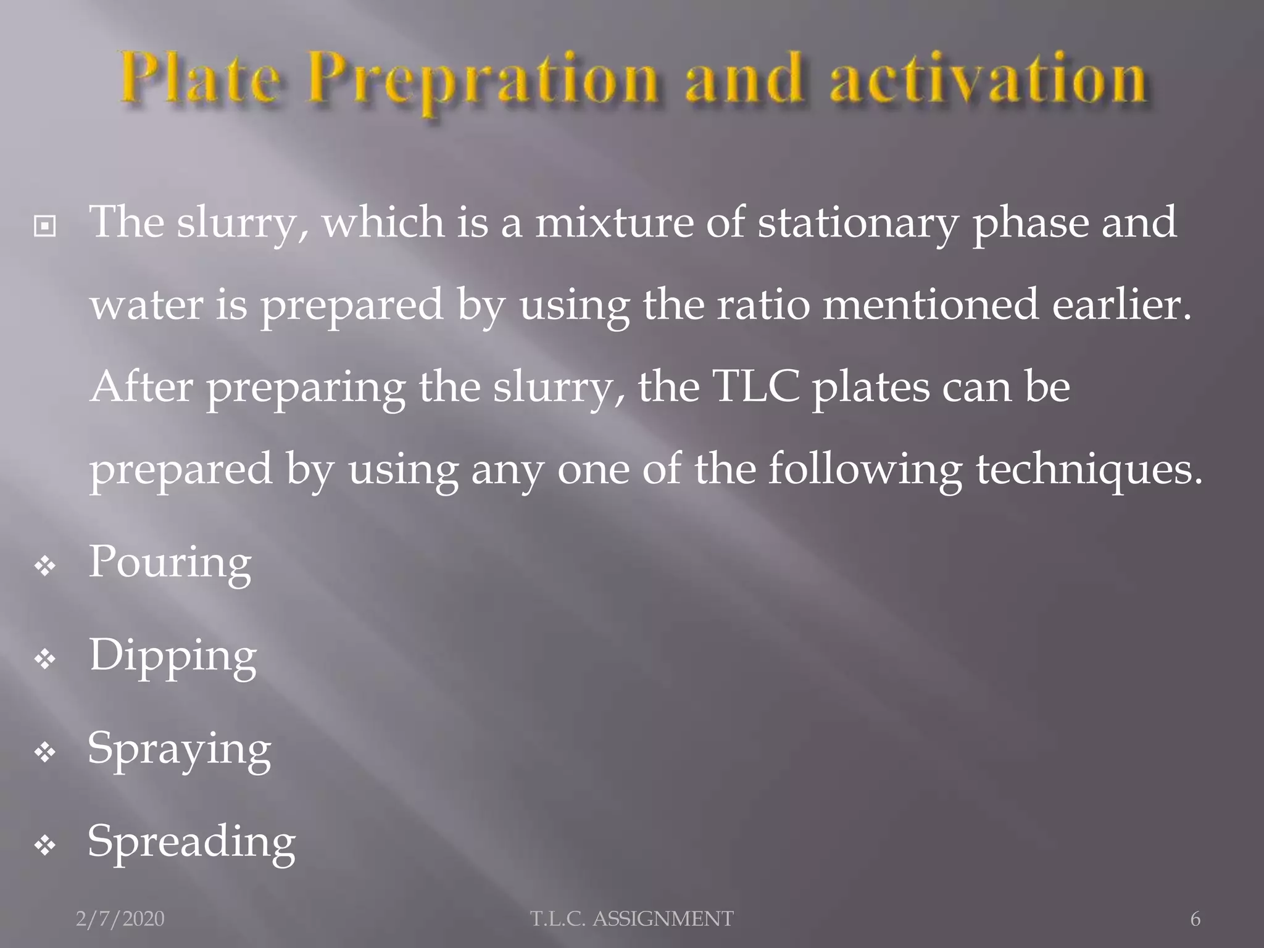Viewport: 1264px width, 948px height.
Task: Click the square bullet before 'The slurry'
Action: (45, 227)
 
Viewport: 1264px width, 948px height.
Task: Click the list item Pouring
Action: (170, 563)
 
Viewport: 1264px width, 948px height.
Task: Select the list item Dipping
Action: (173, 656)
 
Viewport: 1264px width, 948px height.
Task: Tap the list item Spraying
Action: (179, 749)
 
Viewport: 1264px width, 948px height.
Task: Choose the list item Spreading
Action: (191, 842)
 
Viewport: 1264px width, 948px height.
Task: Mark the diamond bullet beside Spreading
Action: (46, 846)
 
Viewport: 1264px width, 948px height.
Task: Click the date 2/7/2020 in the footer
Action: (120, 919)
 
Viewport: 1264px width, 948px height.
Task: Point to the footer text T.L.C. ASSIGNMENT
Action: (632, 919)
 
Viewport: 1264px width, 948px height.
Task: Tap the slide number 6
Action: (1195, 919)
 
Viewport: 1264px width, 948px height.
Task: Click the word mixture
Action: (614, 222)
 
